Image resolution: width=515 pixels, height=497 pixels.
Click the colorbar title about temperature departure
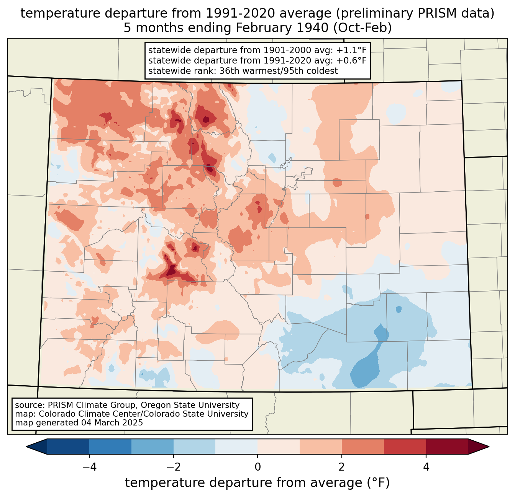(x=257, y=483)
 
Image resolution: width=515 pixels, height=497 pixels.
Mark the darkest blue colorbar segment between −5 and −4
(x=68, y=446)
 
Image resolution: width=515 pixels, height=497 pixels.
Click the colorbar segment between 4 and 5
(x=447, y=446)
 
